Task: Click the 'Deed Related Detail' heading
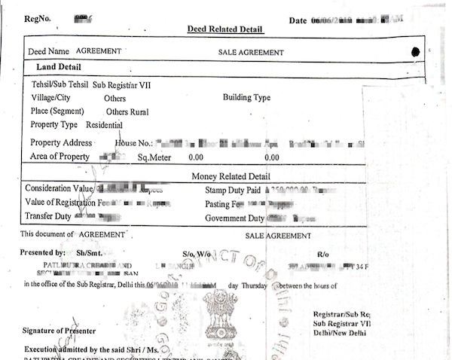225,29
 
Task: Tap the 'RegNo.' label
39,16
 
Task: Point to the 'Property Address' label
62,142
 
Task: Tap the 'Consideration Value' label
59,188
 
